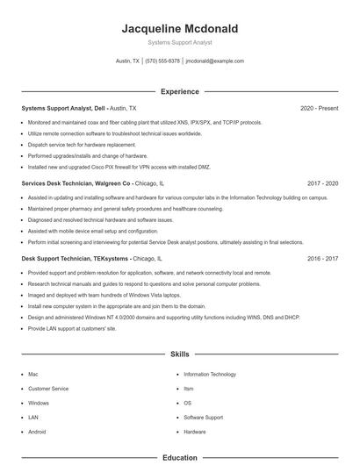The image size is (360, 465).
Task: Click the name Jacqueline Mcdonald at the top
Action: [179, 29]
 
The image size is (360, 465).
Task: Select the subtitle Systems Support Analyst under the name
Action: [179, 42]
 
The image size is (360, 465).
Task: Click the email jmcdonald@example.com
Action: [215, 61]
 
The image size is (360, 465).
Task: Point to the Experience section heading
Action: [179, 91]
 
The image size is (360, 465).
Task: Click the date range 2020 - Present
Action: [319, 108]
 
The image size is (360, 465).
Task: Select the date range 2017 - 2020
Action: [322, 183]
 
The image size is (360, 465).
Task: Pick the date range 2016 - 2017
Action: [322, 259]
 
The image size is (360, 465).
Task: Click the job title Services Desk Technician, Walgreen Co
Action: [76, 183]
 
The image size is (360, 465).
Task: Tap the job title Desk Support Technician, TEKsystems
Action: [76, 259]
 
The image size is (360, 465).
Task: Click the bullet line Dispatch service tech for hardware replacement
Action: [82, 144]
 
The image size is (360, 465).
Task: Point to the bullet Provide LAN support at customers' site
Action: [72, 328]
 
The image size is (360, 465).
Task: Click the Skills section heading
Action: [179, 354]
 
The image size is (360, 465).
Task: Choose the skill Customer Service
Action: [48, 388]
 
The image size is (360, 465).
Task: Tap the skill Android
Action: [37, 432]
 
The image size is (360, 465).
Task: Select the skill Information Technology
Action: [210, 374]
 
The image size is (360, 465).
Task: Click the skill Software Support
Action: [204, 417]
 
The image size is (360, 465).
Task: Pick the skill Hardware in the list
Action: [195, 432]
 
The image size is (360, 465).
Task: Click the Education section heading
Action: [179, 457]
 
